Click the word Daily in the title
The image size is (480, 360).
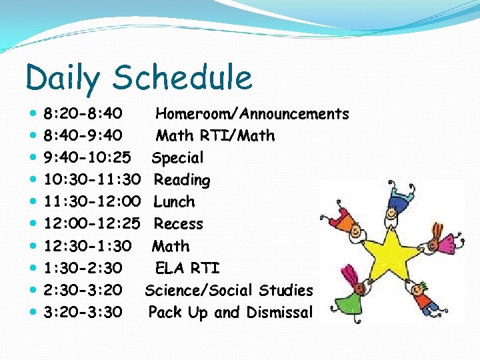pyautogui.click(x=63, y=78)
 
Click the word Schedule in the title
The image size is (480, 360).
pyautogui.click(x=183, y=77)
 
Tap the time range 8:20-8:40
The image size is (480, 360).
pyautogui.click(x=83, y=114)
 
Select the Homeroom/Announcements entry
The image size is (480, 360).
pyautogui.click(x=252, y=114)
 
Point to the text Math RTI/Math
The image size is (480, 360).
pyautogui.click(x=215, y=136)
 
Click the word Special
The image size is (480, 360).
pyautogui.click(x=177, y=158)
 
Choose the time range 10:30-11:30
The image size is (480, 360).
pyautogui.click(x=92, y=180)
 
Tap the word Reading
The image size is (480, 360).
pyautogui.click(x=181, y=180)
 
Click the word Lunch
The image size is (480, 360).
pyautogui.click(x=174, y=202)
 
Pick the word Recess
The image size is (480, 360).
pyautogui.click(x=178, y=224)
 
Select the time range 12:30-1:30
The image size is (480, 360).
pyautogui.click(x=87, y=246)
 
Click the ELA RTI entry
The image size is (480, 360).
pyautogui.click(x=187, y=268)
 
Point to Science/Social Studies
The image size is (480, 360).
pyautogui.click(x=229, y=290)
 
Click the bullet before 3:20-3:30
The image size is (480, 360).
pyautogui.click(x=33, y=312)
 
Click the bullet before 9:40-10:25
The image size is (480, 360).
pyautogui.click(x=33, y=158)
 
